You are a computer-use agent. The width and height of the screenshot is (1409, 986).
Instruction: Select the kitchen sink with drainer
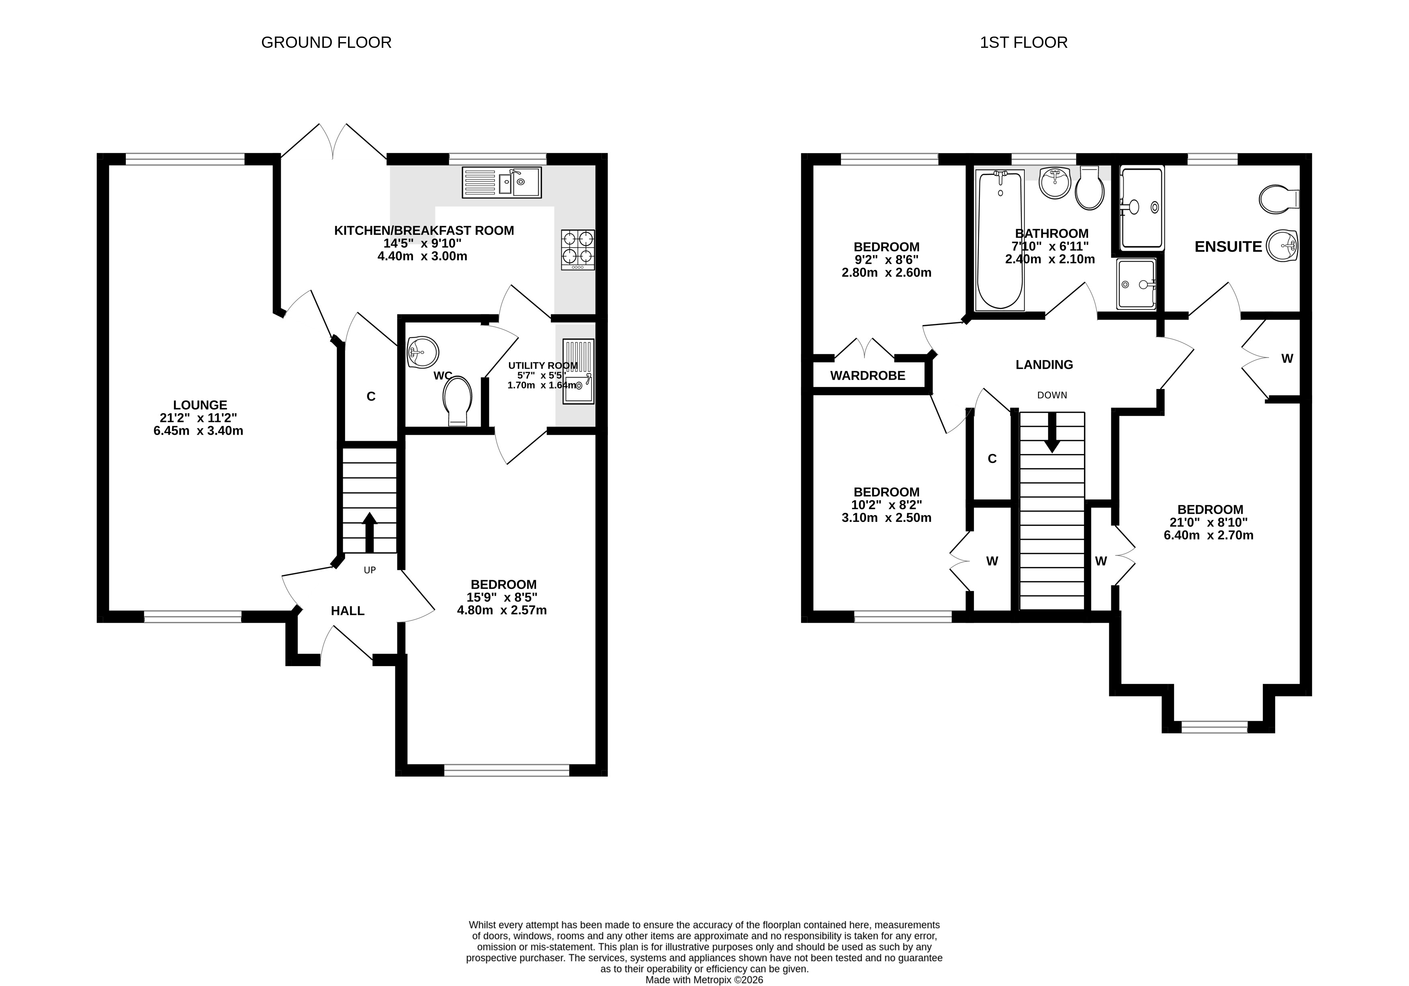(x=501, y=182)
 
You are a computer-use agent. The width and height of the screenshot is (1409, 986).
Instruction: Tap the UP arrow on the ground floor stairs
(x=370, y=532)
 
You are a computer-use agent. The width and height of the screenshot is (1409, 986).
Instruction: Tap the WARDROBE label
(x=868, y=376)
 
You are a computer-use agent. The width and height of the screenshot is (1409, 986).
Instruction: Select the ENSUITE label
(x=1228, y=247)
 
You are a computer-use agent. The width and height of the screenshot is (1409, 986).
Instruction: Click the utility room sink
(x=578, y=372)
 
